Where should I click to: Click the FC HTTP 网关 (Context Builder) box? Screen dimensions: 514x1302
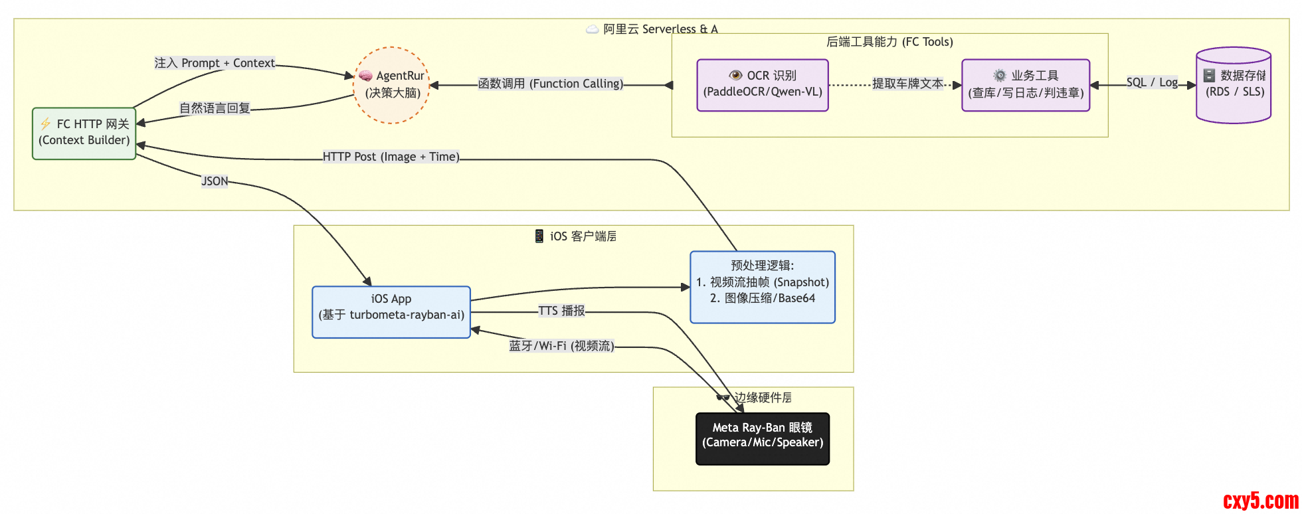pyautogui.click(x=84, y=133)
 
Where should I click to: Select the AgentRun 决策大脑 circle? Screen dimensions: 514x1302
pyautogui.click(x=392, y=85)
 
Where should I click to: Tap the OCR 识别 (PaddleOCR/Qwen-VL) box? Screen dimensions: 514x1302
pyautogui.click(x=763, y=85)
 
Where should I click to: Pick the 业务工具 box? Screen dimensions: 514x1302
pyautogui.click(x=1026, y=85)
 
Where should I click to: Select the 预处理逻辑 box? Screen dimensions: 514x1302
pyautogui.click(x=763, y=287)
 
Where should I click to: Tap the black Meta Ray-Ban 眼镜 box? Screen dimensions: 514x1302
pyautogui.click(x=763, y=439)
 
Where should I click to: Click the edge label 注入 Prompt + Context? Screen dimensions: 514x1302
pyautogui.click(x=215, y=63)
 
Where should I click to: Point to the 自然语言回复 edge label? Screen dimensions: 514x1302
pyautogui.click(x=215, y=108)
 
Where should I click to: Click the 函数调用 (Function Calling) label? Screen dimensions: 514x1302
pyautogui.click(x=551, y=84)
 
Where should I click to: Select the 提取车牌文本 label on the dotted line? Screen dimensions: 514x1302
pyautogui.click(x=907, y=84)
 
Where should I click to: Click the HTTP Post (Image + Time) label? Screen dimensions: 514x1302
pyautogui.click(x=391, y=157)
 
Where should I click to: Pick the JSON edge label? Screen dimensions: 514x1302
pyautogui.click(x=215, y=181)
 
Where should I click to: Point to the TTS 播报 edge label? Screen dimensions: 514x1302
pyautogui.click(x=561, y=311)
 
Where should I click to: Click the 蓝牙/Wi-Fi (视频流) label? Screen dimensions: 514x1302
pyautogui.click(x=561, y=346)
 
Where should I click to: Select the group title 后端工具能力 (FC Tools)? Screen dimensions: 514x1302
pyautogui.click(x=889, y=42)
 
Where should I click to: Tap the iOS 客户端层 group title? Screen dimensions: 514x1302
pyautogui.click(x=576, y=236)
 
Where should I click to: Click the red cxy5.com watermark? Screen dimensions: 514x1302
pyautogui.click(x=1260, y=500)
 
